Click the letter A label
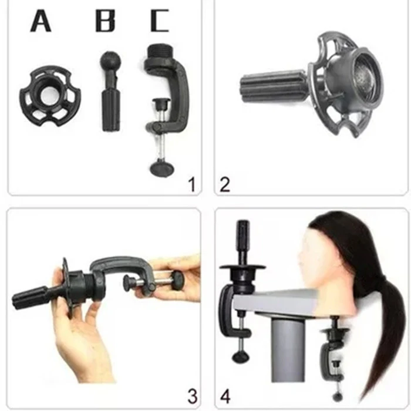(41, 21)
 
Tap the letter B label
(105, 21)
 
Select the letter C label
(159, 21)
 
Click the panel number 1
(192, 184)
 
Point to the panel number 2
(225, 184)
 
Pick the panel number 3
(193, 396)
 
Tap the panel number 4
(225, 396)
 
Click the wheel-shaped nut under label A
(50, 96)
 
